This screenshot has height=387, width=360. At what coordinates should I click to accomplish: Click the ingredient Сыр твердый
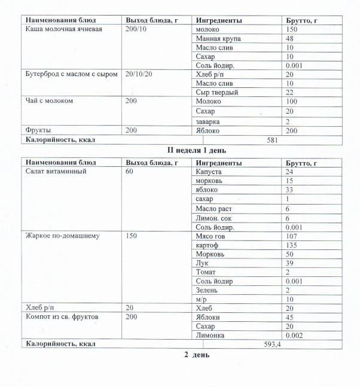216,93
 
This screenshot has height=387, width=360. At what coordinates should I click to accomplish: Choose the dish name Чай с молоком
48,102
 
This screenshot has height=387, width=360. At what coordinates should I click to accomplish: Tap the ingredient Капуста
209,172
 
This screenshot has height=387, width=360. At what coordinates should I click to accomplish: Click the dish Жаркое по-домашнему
62,236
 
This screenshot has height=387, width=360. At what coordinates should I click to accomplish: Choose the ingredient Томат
206,272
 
